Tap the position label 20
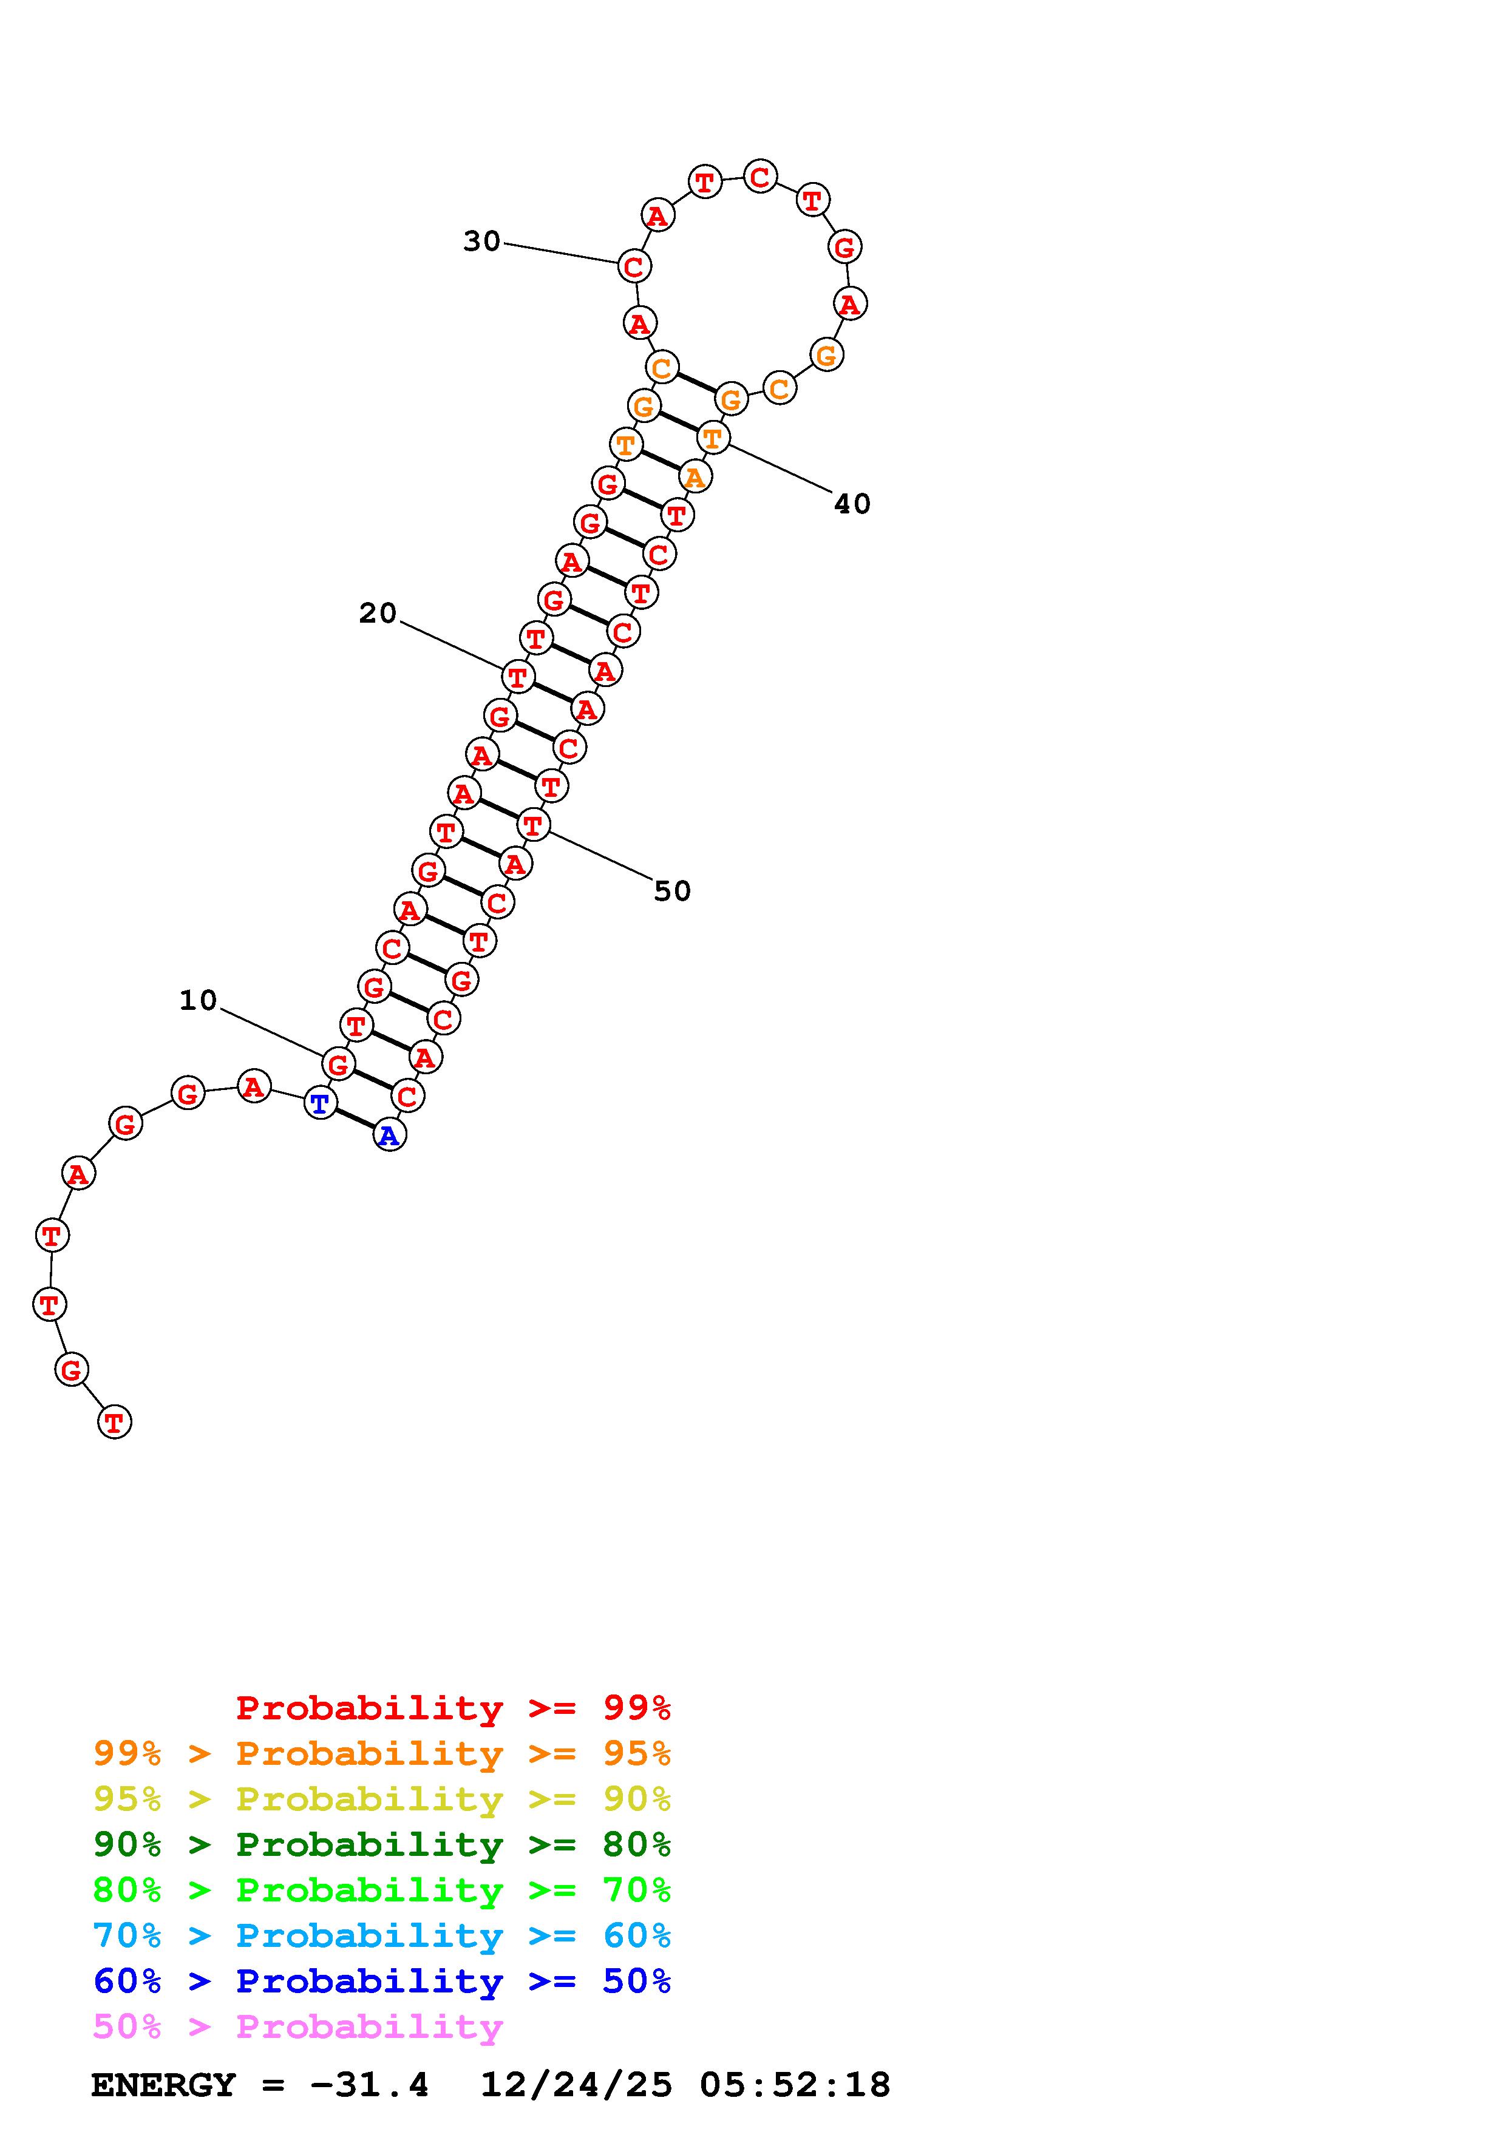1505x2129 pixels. [378, 613]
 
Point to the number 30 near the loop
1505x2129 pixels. [481, 241]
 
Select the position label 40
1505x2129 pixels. [852, 504]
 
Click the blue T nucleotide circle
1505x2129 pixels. [320, 1103]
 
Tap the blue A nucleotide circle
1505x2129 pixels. [390, 1135]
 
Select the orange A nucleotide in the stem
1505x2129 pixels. [695, 476]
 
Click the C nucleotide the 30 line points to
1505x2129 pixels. [634, 266]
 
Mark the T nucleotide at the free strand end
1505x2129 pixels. [114, 1421]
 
